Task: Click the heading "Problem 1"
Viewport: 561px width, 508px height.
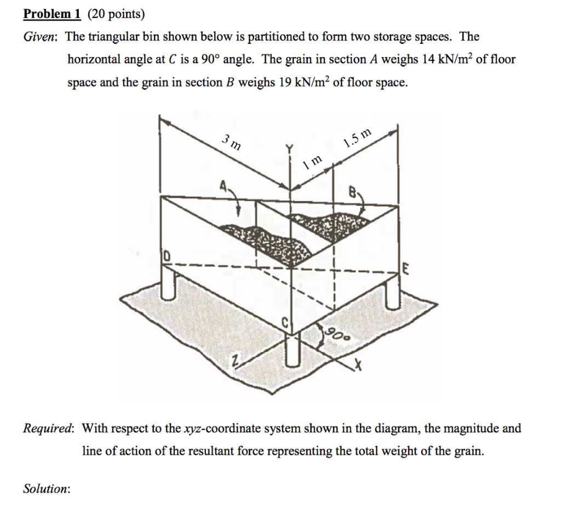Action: [x=52, y=15]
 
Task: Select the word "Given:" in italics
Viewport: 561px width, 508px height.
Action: [x=42, y=37]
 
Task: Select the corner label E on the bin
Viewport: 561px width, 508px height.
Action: [x=406, y=269]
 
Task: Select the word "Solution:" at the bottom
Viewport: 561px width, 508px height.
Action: [x=47, y=488]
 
